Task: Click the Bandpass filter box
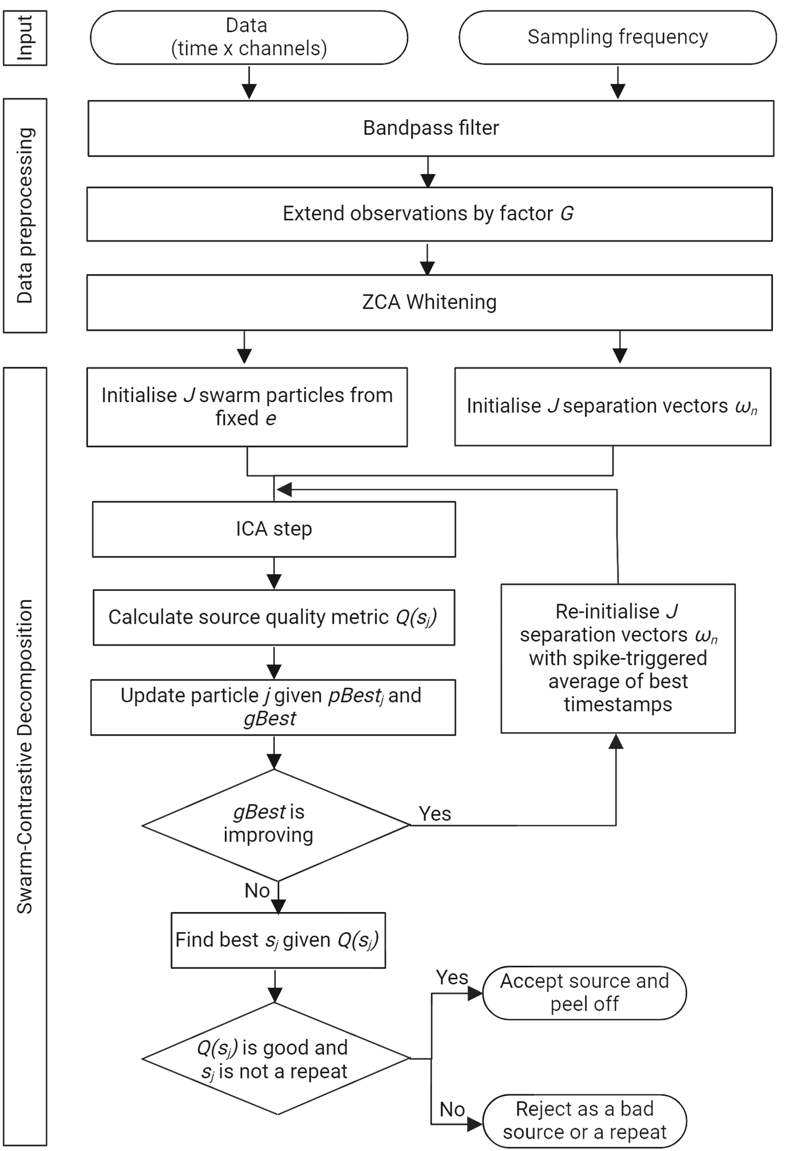(x=431, y=128)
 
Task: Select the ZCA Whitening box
(x=429, y=302)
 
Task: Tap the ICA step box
(x=274, y=529)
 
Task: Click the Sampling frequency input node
(x=618, y=38)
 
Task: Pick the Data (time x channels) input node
(x=249, y=38)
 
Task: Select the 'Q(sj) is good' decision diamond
(x=275, y=1059)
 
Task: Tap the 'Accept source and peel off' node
(x=584, y=993)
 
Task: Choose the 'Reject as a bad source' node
(x=584, y=1121)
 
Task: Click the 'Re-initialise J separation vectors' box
(x=618, y=658)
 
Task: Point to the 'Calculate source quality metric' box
(x=274, y=617)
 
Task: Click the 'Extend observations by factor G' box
(x=429, y=214)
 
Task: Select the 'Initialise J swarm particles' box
(x=247, y=407)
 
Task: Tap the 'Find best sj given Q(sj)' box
(x=278, y=940)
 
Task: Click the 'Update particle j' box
(x=273, y=707)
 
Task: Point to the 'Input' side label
(x=25, y=38)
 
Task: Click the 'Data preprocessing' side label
(x=25, y=215)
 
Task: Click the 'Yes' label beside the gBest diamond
(x=435, y=814)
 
